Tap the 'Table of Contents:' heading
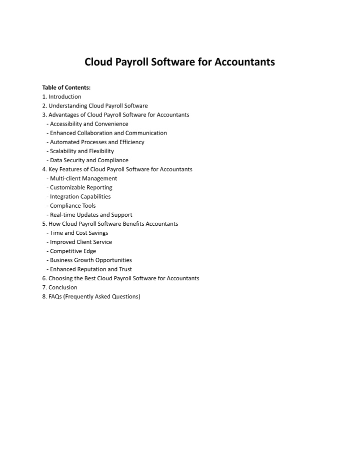pos(66,88)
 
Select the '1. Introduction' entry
pos(62,97)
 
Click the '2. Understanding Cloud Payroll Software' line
pos(95,106)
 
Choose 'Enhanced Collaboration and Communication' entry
pos(106,133)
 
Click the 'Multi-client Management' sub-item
pos(81,178)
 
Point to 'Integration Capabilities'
pos(78,197)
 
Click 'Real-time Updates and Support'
pos(89,215)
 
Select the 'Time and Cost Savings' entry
pos(77,233)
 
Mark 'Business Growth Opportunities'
pos(89,260)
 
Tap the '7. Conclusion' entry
pos(60,287)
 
